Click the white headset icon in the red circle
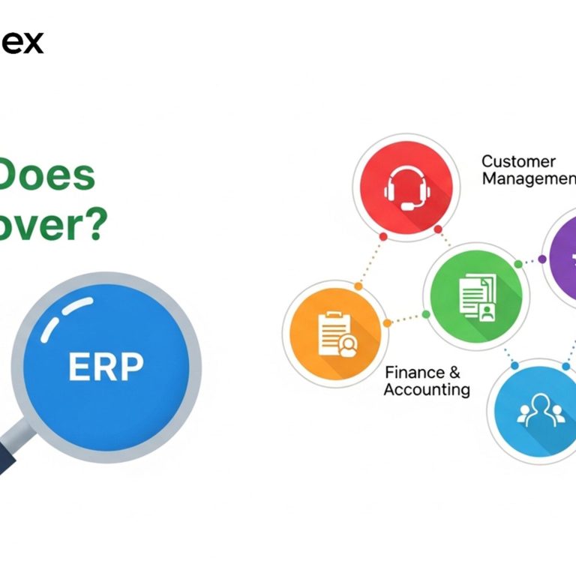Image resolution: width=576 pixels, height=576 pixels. click(406, 188)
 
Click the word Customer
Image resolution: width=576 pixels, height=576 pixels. click(518, 161)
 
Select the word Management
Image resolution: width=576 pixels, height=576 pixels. click(528, 179)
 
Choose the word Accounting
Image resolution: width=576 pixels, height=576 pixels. click(427, 390)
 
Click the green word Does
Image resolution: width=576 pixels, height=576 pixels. click(49, 175)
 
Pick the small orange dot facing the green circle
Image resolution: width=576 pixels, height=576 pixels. click(387, 323)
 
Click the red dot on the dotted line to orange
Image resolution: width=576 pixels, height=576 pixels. click(383, 236)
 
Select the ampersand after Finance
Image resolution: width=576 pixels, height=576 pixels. click(453, 373)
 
